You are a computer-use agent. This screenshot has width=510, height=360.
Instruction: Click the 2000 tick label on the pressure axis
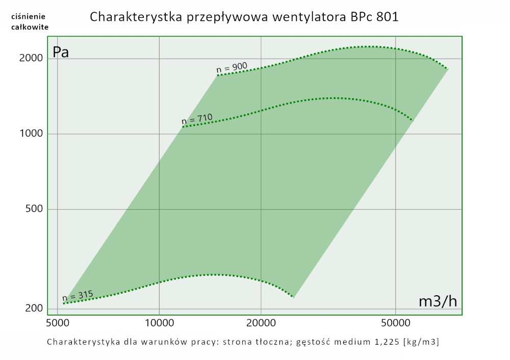pos(32,59)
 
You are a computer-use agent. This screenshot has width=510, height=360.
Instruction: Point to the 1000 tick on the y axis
pos(32,134)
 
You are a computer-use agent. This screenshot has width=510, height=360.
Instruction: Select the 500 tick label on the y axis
pos(34,209)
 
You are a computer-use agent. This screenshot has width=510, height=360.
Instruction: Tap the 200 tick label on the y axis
pos(34,308)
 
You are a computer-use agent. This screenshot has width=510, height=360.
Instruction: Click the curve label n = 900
pos(232,67)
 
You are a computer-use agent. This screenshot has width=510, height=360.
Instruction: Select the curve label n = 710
pos(197,119)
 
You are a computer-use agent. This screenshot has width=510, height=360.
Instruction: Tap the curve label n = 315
pos(78,295)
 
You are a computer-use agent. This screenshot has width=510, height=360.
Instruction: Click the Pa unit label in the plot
pos(61,52)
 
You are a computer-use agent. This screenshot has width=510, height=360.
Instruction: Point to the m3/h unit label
pos(438,301)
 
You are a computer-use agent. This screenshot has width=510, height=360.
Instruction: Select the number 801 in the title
pos(387,17)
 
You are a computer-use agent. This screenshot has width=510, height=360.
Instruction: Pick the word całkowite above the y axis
pos(30,27)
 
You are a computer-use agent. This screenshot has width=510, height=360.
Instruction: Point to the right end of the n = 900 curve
pos(447,69)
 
